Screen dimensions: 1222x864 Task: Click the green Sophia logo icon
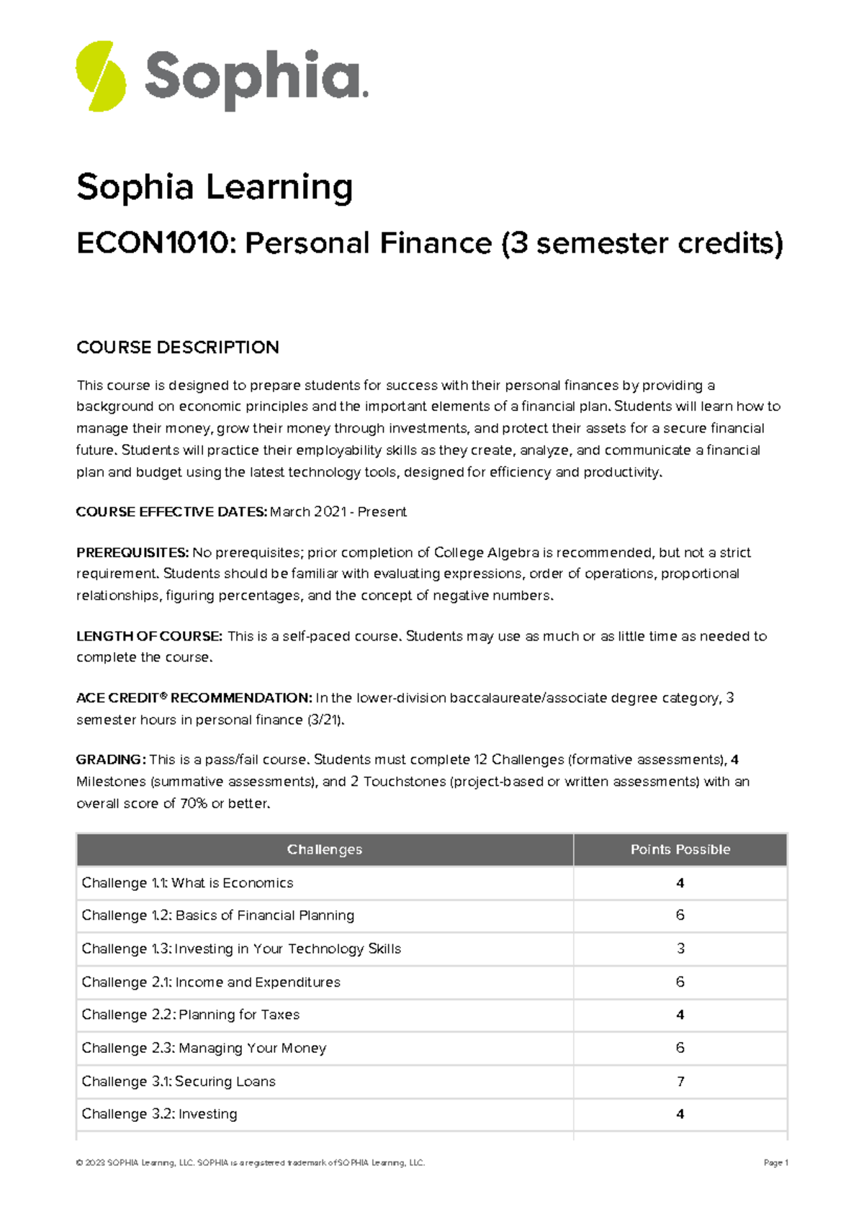click(101, 76)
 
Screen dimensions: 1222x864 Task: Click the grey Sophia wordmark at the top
click(256, 78)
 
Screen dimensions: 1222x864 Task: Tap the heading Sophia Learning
click(215, 187)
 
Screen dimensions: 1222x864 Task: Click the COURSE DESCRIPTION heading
click(177, 348)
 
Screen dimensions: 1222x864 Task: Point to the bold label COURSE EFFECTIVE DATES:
click(171, 512)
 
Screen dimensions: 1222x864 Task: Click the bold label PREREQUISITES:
click(132, 553)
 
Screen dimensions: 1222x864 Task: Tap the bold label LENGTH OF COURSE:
click(149, 636)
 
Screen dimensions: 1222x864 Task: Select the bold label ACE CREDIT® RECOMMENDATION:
click(194, 698)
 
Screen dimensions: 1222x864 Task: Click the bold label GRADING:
click(111, 760)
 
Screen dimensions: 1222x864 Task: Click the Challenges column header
click(324, 850)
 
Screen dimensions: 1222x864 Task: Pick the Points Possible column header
click(680, 850)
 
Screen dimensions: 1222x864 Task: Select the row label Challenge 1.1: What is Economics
click(187, 883)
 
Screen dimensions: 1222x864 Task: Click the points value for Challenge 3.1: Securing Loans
click(680, 1082)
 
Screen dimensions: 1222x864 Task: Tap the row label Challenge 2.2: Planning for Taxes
click(190, 1015)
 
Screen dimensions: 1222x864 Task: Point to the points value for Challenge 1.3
click(680, 949)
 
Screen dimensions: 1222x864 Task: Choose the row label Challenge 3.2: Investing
click(159, 1114)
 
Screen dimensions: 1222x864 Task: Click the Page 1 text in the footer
click(775, 1163)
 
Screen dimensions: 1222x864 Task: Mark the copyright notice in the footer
click(250, 1163)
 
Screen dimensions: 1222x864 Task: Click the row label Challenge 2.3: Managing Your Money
click(204, 1048)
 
